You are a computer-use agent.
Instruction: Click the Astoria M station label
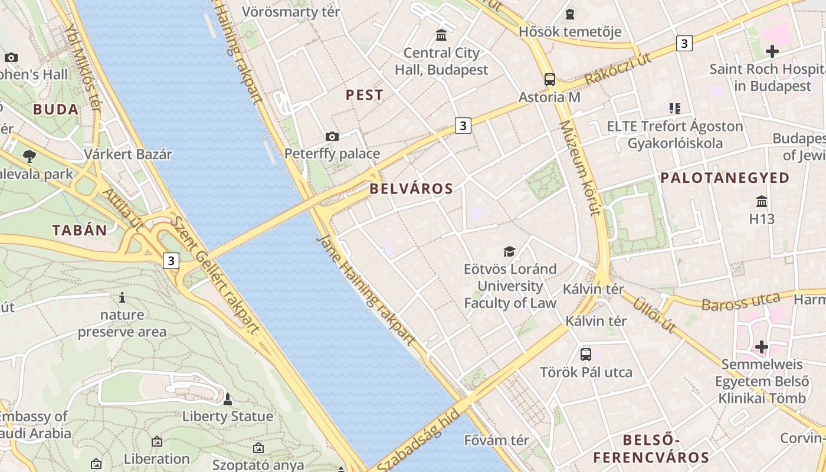pos(549,97)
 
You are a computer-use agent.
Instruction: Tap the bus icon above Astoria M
pos(550,79)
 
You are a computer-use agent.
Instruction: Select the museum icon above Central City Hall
pos(441,35)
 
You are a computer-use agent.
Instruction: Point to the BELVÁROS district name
pos(411,189)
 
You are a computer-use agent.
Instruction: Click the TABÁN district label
pos(80,231)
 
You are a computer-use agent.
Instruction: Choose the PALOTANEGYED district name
pos(725,178)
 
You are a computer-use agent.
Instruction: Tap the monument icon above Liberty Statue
pos(227,399)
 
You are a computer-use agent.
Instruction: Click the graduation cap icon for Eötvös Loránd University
pos(509,252)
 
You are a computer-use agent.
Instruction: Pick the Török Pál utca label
pos(586,372)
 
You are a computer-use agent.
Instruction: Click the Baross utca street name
pos(740,301)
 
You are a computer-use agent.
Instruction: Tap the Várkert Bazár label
pos(128,155)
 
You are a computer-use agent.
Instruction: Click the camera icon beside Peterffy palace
pos(332,137)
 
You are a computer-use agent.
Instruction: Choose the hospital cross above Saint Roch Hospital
pos(772,51)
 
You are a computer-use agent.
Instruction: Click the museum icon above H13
pos(762,202)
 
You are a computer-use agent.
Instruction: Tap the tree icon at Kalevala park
pos(29,156)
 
